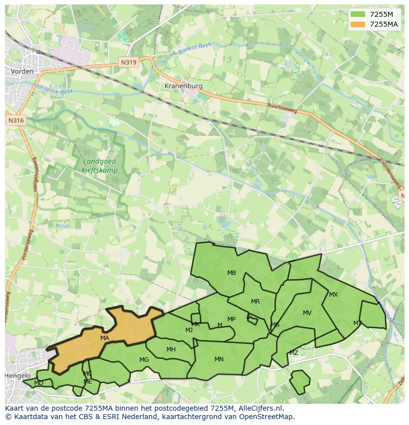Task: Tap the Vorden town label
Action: click(22, 72)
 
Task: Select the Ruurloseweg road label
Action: click(282, 108)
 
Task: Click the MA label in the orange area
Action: click(104, 338)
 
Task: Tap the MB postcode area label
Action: click(232, 273)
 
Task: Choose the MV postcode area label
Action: click(307, 313)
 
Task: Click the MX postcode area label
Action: click(333, 295)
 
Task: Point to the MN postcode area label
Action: click(219, 359)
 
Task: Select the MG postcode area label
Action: click(144, 360)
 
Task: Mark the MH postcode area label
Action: click(171, 349)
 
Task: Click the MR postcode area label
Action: click(255, 302)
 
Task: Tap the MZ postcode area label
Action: click(294, 353)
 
